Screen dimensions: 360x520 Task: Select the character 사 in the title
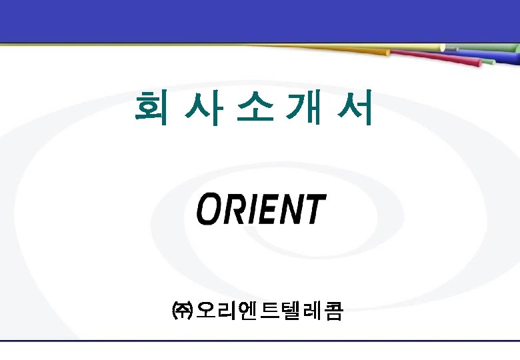(199, 109)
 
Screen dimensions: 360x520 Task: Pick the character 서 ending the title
(353, 109)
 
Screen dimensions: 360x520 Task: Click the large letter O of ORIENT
(211, 209)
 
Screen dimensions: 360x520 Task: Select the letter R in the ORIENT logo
(237, 209)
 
